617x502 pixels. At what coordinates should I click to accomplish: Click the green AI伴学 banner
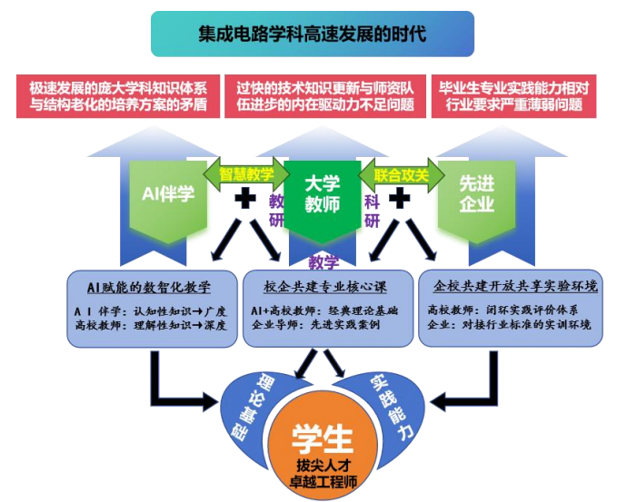pyautogui.click(x=168, y=193)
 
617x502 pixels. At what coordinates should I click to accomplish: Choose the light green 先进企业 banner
pyautogui.click(x=476, y=193)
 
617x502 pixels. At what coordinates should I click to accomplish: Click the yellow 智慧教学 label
pyautogui.click(x=245, y=173)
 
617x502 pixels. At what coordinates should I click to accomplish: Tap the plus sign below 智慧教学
pyautogui.click(x=244, y=199)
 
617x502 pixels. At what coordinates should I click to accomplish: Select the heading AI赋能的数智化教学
pyautogui.click(x=148, y=288)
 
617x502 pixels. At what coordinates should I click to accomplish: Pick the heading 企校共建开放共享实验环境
pyautogui.click(x=515, y=287)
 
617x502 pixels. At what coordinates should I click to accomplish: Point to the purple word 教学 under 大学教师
pyautogui.click(x=323, y=263)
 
